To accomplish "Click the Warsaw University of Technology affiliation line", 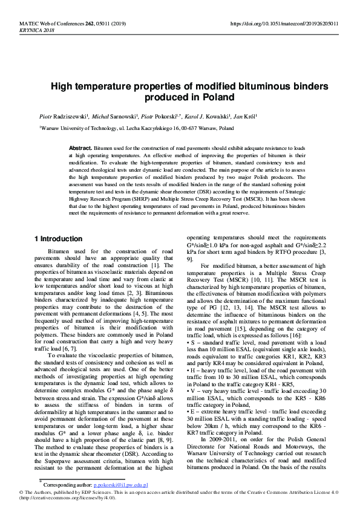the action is (136, 129).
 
